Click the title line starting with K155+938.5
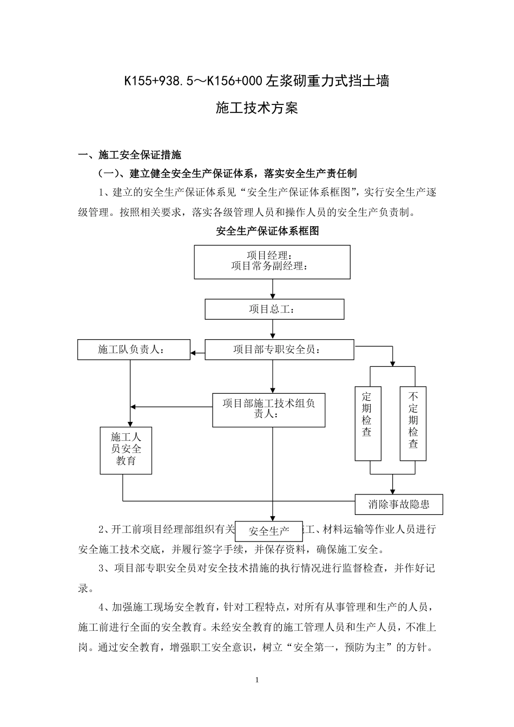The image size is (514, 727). click(x=256, y=81)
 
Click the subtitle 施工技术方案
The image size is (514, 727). click(x=257, y=108)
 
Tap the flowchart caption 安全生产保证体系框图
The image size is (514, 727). click(x=267, y=231)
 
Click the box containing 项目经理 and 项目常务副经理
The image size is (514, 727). click(x=272, y=262)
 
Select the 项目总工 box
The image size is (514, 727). click(x=274, y=309)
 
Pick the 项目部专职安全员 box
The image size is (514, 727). click(x=279, y=349)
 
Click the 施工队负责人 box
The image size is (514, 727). click(x=134, y=349)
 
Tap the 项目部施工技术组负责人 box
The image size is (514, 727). click(x=269, y=409)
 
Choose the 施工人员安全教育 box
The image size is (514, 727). click(x=126, y=450)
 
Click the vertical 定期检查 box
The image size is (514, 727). click(x=367, y=423)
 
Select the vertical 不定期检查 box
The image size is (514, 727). click(x=413, y=423)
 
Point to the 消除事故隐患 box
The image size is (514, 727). click(x=399, y=504)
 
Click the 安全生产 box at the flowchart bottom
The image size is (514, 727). click(x=269, y=531)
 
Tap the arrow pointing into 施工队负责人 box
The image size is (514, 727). click(x=197, y=355)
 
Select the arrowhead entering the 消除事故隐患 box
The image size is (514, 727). click(x=392, y=490)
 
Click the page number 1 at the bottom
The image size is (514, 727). click(x=257, y=680)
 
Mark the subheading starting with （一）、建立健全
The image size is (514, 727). click(x=227, y=174)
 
